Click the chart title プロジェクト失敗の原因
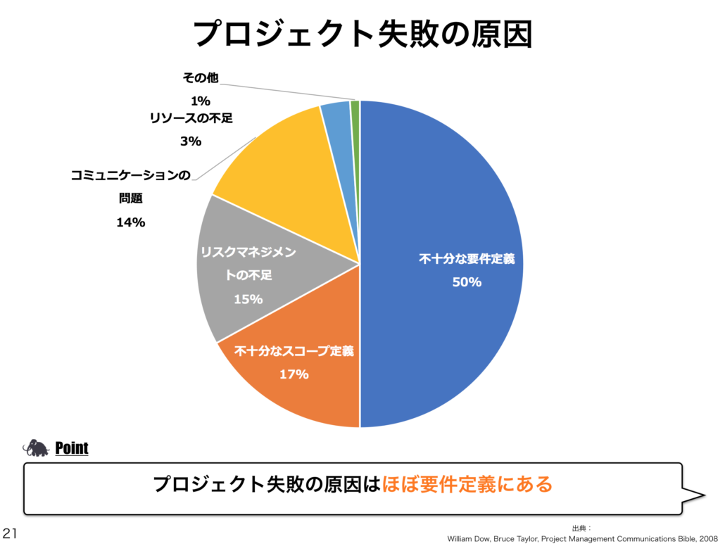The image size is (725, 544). click(x=362, y=33)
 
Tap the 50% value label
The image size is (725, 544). click(x=467, y=282)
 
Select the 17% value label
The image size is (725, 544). click(x=294, y=374)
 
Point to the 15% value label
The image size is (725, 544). click(x=248, y=299)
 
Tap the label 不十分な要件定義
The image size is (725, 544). click(x=467, y=259)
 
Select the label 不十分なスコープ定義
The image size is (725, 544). click(x=294, y=350)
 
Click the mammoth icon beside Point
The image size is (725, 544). click(x=36, y=448)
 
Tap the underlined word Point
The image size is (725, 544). click(x=72, y=448)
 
